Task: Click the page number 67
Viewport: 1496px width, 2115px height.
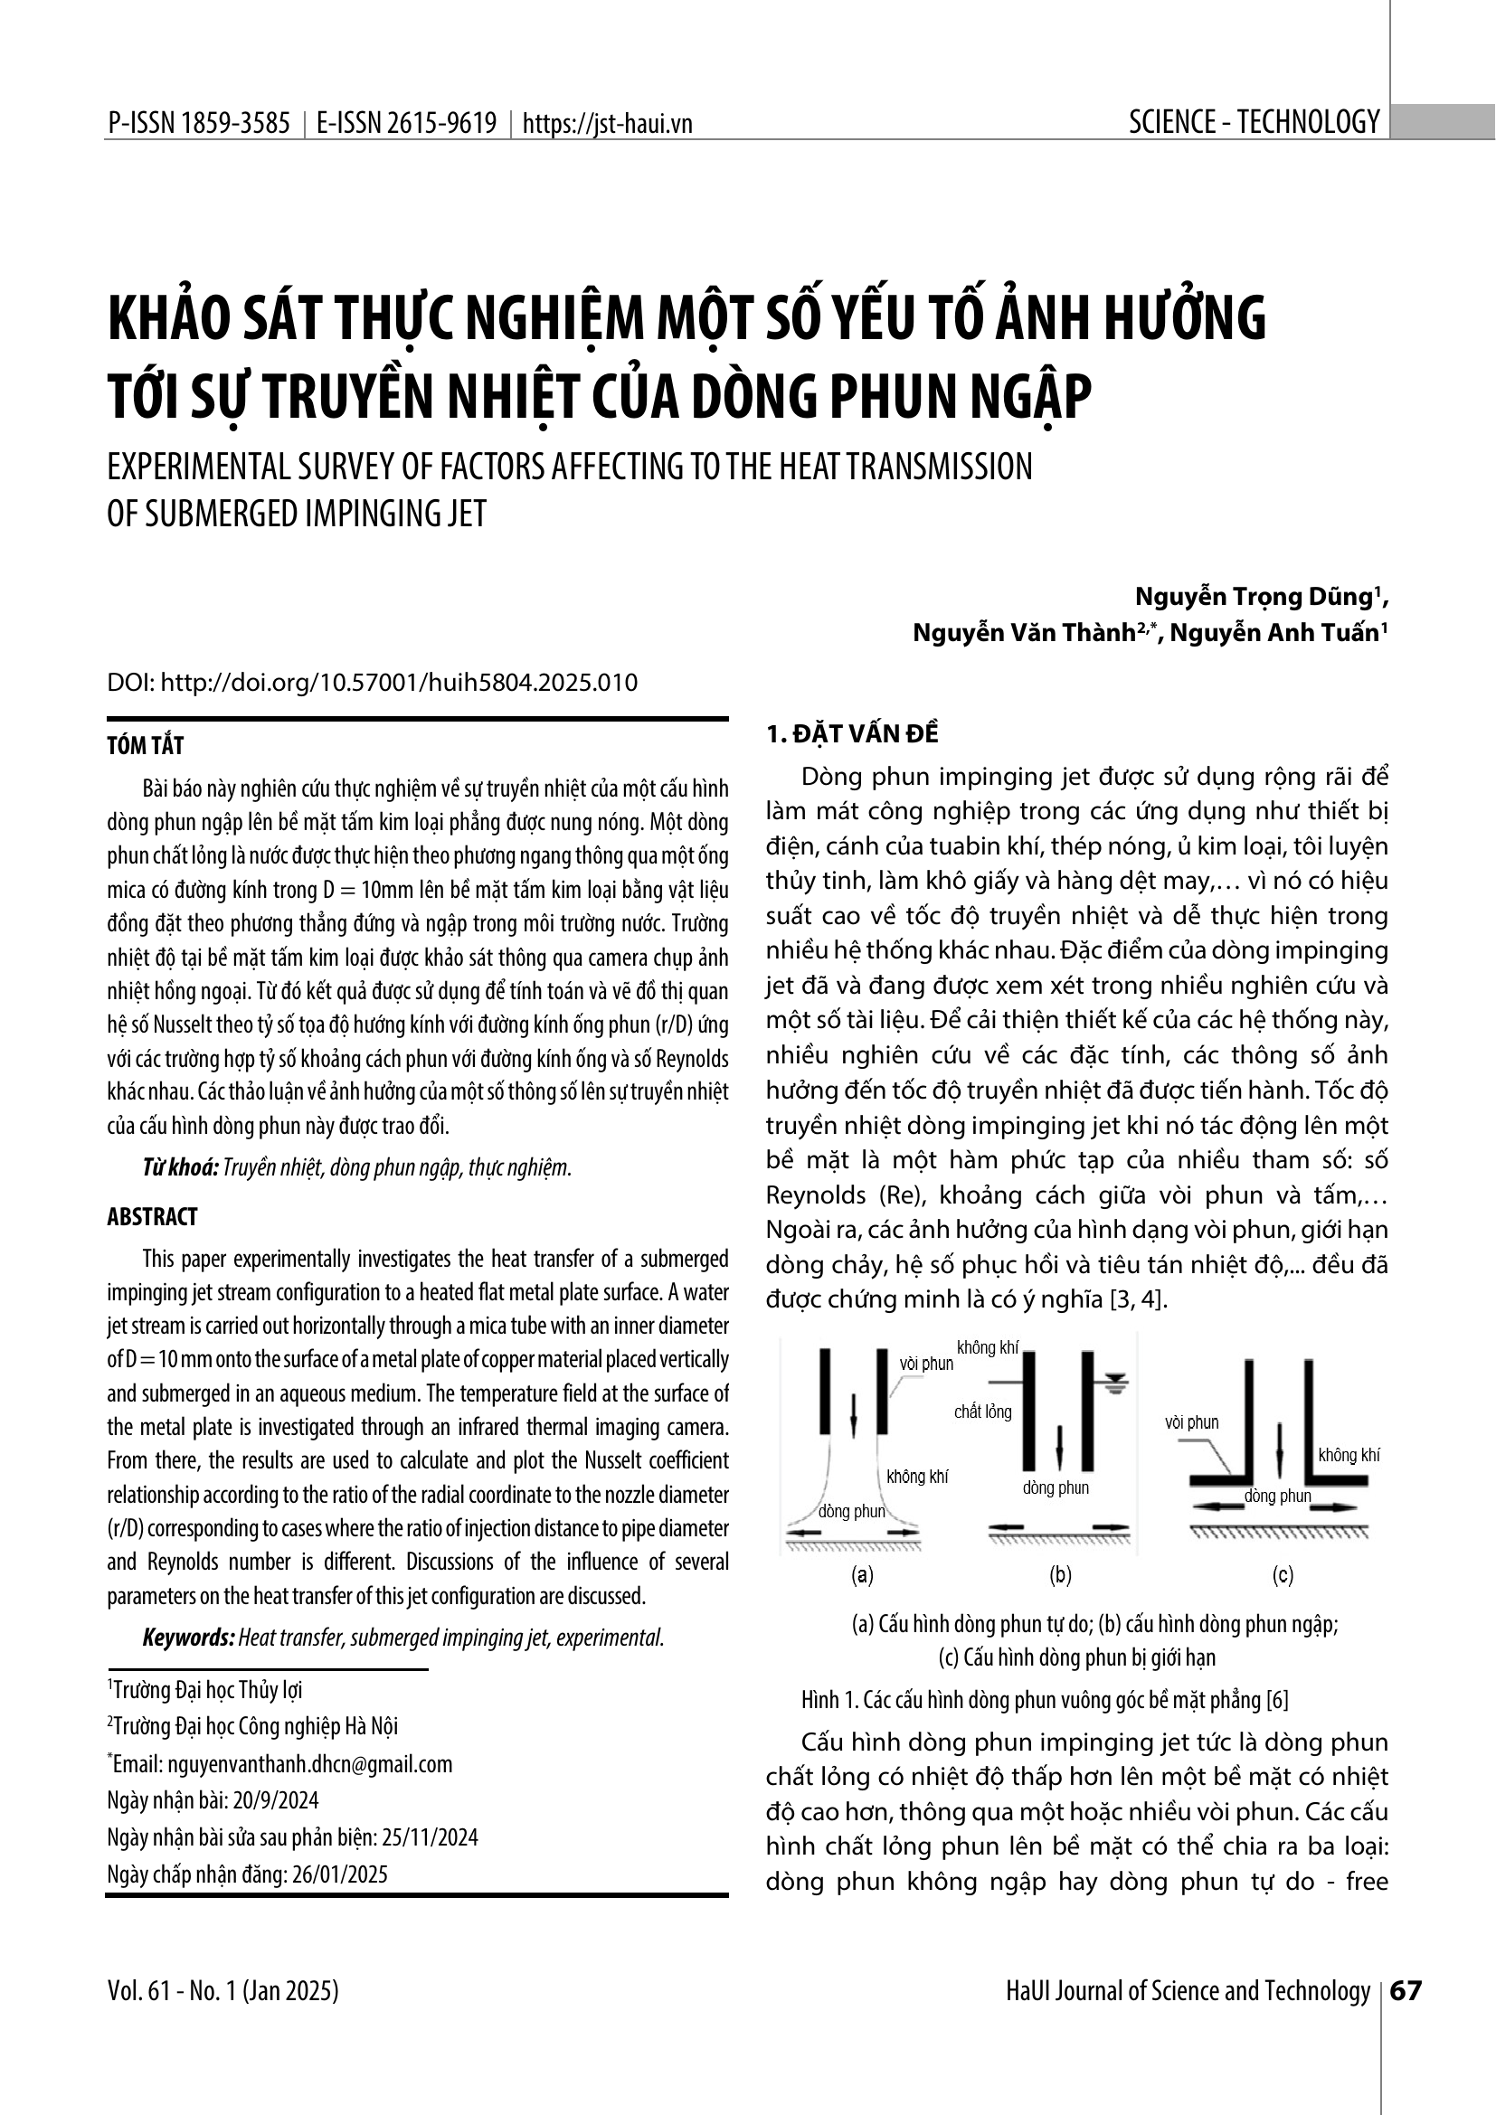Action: point(1406,1990)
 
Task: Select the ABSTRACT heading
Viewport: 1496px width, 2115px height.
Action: point(152,1217)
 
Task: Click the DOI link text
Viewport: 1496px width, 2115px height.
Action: point(372,683)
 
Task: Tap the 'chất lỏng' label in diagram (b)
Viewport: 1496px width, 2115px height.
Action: point(983,1412)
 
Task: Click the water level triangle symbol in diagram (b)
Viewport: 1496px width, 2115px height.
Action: point(1115,1381)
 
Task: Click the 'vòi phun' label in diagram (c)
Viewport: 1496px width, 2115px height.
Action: point(1191,1422)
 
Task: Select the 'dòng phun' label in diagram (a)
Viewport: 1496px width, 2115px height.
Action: point(851,1511)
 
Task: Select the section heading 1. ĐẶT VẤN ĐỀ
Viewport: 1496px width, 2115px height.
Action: point(852,734)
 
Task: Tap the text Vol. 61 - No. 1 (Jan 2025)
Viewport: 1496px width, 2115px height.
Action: point(223,1990)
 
